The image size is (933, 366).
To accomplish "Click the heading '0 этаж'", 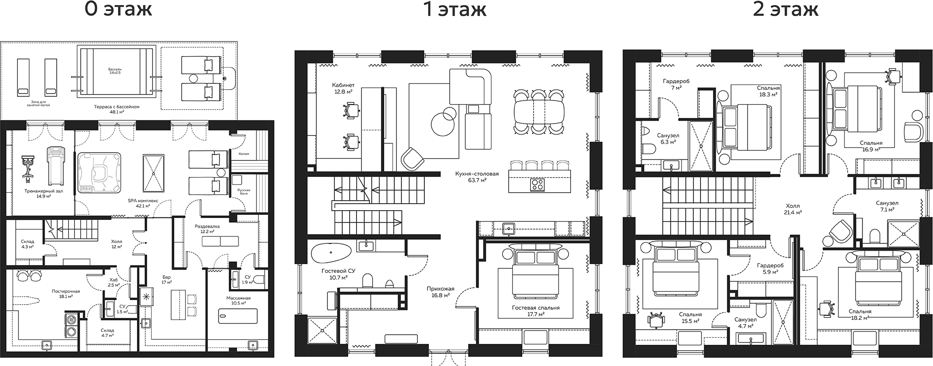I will pos(119,10).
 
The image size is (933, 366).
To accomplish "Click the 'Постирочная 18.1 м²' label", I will pos(66,294).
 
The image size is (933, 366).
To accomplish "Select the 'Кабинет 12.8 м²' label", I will pos(343,88).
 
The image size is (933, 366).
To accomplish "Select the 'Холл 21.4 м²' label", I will pos(793,209).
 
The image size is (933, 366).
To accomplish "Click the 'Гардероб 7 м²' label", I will pos(676,84).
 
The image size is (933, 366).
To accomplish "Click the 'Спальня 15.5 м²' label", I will pos(690,318).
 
